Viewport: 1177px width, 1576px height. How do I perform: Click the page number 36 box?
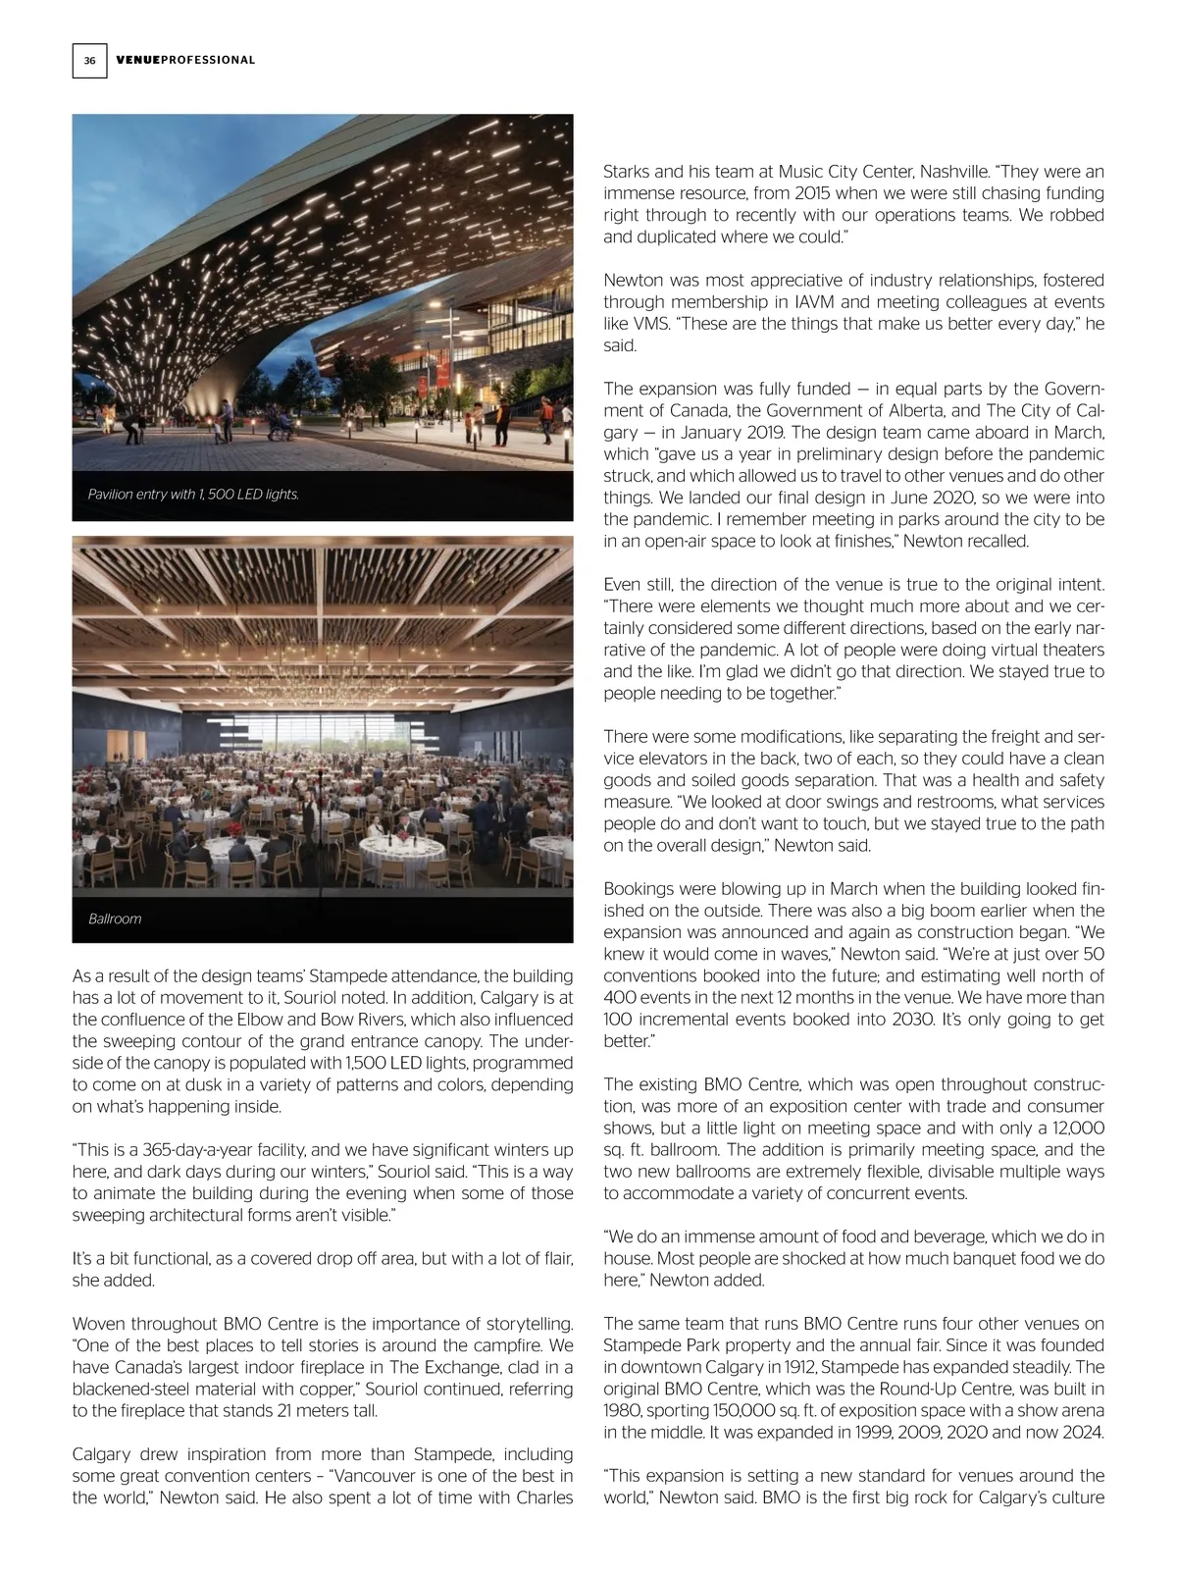tap(89, 61)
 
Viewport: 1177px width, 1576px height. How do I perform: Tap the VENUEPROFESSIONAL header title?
tap(185, 61)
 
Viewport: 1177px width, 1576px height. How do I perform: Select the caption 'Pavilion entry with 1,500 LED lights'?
tap(193, 495)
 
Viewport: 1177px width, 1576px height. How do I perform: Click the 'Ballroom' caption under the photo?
tap(115, 919)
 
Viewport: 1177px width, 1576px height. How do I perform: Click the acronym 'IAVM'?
tap(816, 302)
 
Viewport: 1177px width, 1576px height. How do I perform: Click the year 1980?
tap(624, 1410)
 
